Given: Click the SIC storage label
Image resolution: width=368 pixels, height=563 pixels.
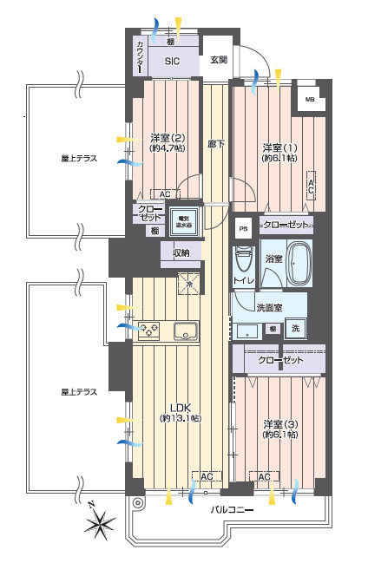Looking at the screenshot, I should pos(171,62).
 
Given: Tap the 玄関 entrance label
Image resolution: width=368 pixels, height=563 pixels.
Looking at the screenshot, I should pos(218,60).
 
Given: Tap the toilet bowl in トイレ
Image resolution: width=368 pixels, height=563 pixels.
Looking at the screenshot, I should pos(245,259).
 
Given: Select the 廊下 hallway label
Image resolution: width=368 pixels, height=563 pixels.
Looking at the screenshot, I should pos(216,144).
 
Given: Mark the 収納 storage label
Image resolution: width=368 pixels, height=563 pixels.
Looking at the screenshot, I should pos(181,252).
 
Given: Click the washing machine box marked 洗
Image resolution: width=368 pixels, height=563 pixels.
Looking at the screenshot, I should pos(296,329).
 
